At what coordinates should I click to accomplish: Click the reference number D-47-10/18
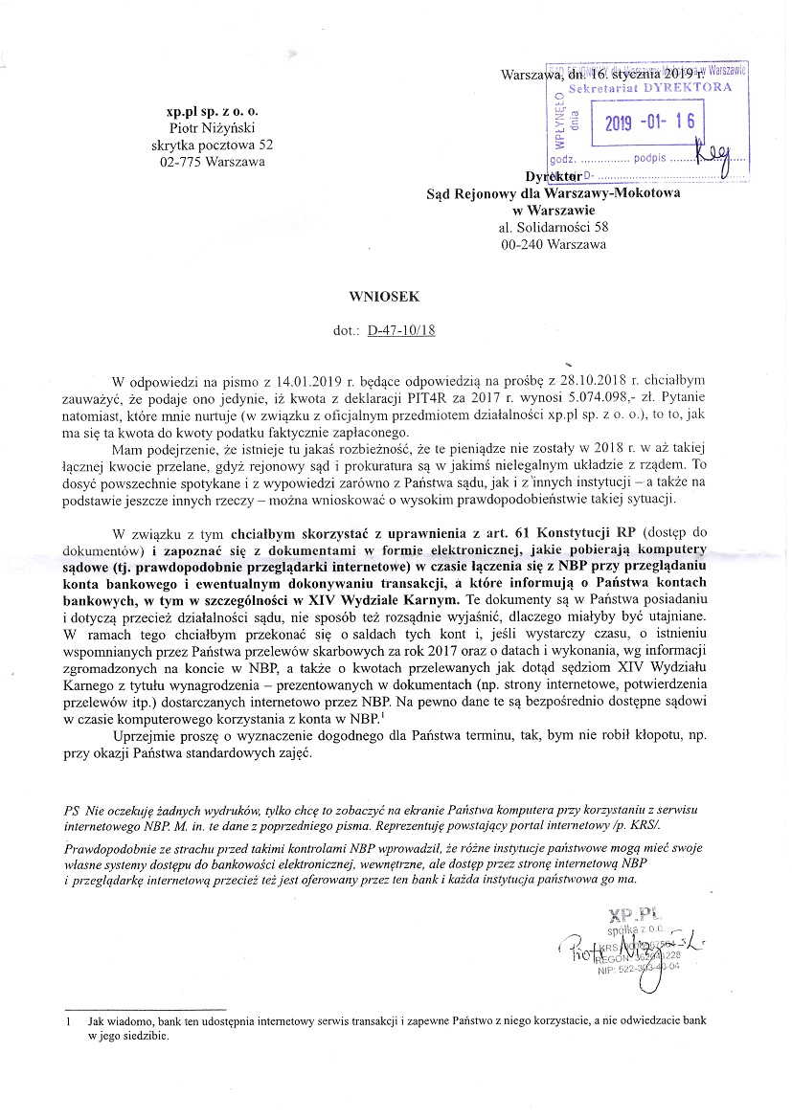pos(401,331)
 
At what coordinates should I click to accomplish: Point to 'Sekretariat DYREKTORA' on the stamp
pos(650,87)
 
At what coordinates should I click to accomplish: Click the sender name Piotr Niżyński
pos(208,128)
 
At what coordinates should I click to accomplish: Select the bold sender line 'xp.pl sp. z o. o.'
pos(207,111)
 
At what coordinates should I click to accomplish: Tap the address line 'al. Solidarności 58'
pos(554,228)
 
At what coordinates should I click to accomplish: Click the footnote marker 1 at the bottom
pos(69,1021)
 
